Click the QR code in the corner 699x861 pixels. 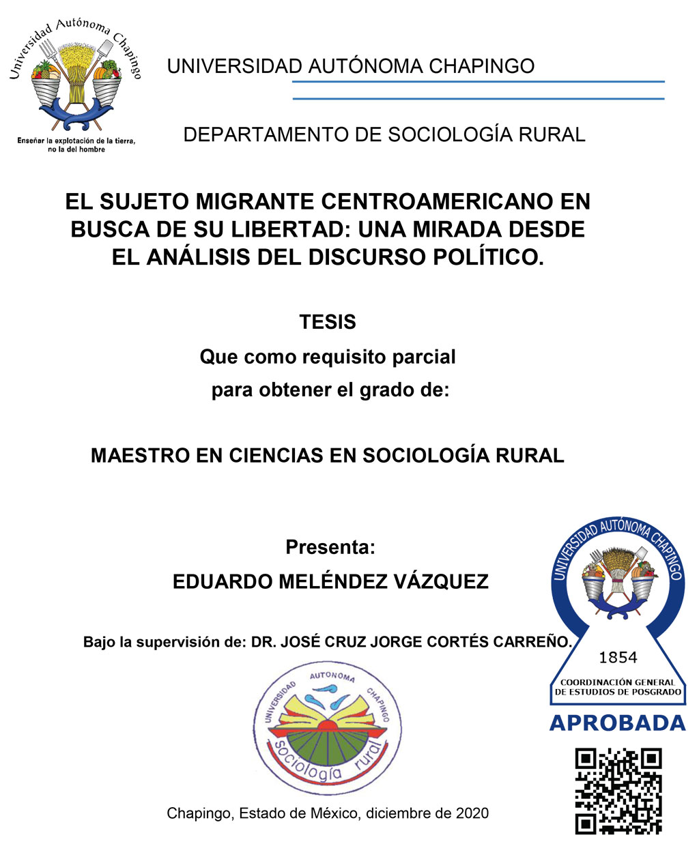pos(618,791)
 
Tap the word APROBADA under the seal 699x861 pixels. pos(617,723)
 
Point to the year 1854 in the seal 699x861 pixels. pos(617,658)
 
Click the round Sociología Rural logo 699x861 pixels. pos(327,728)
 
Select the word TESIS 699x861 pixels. pos(328,322)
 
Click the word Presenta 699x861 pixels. pos(330,547)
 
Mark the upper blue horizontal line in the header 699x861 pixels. pos(478,82)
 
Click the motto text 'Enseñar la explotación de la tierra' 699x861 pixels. pos(76,141)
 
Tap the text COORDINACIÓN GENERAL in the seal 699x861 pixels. pos(617,682)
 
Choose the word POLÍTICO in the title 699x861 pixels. pos(484,257)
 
